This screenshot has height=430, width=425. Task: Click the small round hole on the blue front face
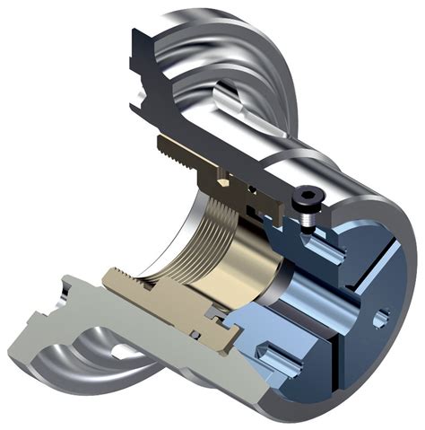click(x=383, y=314)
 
